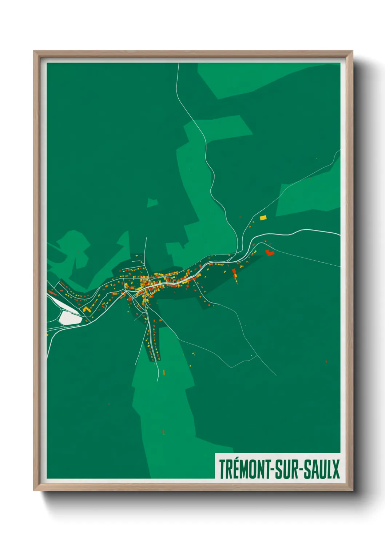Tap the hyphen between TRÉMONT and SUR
(270, 470)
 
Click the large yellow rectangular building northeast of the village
(263, 218)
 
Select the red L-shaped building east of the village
(270, 253)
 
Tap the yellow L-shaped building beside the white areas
(86, 309)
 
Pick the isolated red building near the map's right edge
(326, 361)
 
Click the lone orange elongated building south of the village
(164, 372)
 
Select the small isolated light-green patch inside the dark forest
(152, 203)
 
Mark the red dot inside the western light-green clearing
(78, 251)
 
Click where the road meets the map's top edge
(179, 63)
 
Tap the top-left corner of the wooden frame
(34, 51)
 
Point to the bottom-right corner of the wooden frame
(352, 490)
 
